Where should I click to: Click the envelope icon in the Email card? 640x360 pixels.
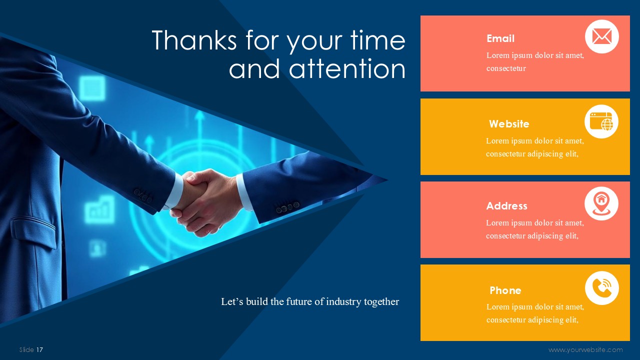(601, 36)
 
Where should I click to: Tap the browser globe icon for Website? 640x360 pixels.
(601, 121)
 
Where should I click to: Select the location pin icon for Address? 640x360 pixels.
(601, 203)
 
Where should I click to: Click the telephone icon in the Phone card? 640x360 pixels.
(601, 288)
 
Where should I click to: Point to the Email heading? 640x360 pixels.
(500, 38)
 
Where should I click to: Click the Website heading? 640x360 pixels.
(509, 123)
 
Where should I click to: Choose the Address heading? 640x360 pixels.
(506, 205)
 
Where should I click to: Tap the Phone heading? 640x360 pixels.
(505, 290)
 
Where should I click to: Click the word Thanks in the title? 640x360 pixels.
(194, 40)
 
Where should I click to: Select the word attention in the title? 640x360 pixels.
(347, 68)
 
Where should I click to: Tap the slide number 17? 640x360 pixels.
(39, 349)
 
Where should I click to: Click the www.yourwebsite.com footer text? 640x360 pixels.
(585, 349)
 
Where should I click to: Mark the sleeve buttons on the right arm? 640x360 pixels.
(287, 207)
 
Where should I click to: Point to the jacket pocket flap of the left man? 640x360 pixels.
(33, 231)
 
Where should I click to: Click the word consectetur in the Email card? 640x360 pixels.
(506, 68)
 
